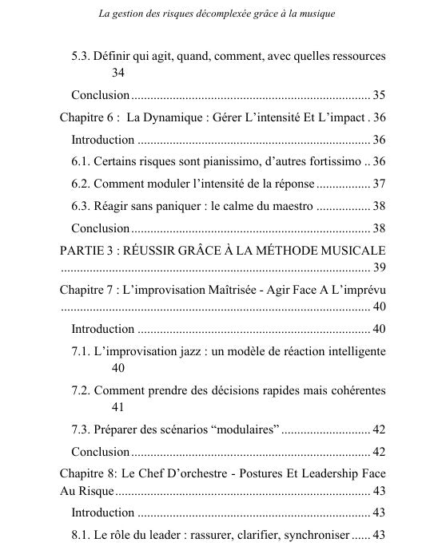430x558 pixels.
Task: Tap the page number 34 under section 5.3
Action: pyautogui.click(x=118, y=73)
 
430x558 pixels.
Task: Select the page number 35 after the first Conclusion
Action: pyautogui.click(x=379, y=95)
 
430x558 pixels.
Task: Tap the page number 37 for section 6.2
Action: pyautogui.click(x=379, y=183)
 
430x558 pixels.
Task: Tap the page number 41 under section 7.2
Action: pyautogui.click(x=118, y=406)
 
